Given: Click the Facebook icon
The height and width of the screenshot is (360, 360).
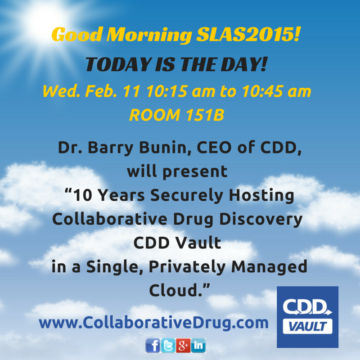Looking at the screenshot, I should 153,345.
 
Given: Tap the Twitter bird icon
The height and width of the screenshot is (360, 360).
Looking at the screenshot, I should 168,345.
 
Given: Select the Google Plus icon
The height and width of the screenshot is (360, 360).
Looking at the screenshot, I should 183,345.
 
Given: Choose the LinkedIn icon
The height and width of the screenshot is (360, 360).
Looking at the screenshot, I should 198,345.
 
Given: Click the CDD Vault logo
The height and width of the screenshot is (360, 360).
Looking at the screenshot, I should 307,316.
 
